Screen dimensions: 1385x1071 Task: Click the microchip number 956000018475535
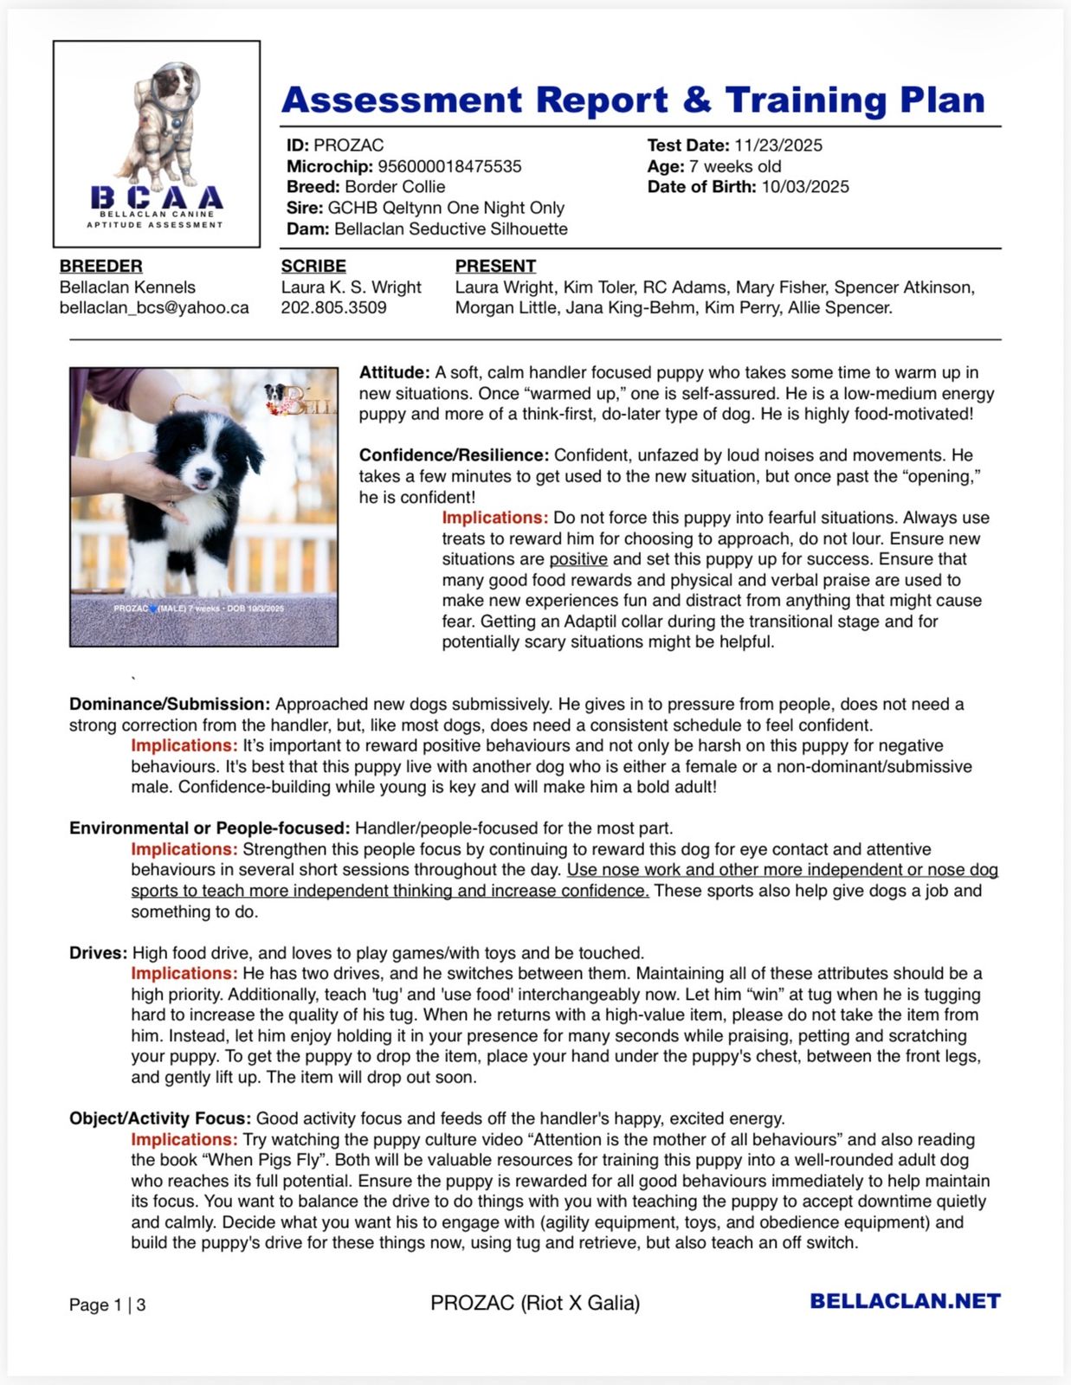click(x=449, y=166)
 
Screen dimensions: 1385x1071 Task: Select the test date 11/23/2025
click(x=778, y=145)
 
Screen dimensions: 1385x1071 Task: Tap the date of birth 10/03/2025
click(x=805, y=187)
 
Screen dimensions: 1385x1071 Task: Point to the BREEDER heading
click(x=101, y=267)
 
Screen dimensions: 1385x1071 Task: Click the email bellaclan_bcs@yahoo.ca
click(x=154, y=308)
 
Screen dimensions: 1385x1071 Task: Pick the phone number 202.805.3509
click(x=333, y=308)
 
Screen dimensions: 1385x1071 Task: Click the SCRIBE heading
click(x=313, y=267)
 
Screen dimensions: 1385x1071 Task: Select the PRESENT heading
click(x=495, y=267)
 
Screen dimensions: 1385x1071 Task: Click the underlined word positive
click(x=578, y=559)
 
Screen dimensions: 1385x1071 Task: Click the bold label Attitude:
click(x=394, y=373)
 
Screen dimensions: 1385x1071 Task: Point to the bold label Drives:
click(x=98, y=953)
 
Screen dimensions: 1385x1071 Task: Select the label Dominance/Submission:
click(x=170, y=705)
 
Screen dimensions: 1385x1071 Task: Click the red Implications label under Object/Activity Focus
click(x=184, y=1140)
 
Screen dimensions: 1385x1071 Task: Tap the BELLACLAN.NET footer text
click(x=905, y=1301)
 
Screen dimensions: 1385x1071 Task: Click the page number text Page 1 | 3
click(x=107, y=1304)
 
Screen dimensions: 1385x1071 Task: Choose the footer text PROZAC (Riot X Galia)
click(x=535, y=1303)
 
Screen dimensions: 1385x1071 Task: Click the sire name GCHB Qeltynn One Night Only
click(x=446, y=208)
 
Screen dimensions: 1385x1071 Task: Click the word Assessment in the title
click(x=402, y=100)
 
